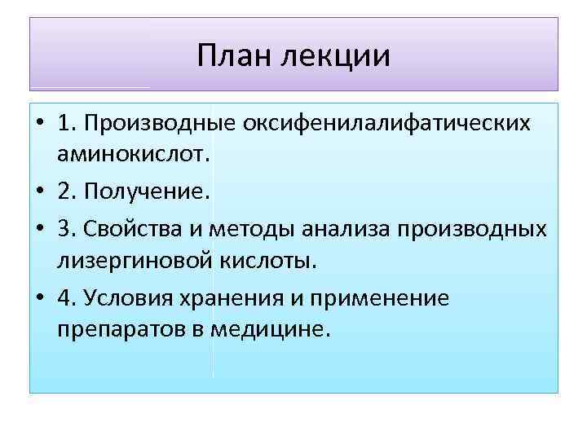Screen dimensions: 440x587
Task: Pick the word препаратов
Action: (x=110, y=328)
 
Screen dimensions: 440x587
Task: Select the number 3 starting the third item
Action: (x=64, y=231)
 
